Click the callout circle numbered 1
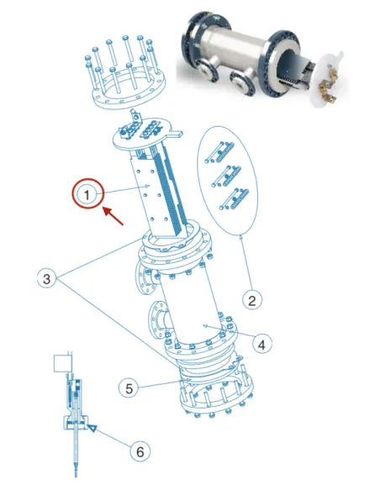[87, 195]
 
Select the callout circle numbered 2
[250, 298]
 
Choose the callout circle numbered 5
[128, 388]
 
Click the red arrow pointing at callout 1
[112, 218]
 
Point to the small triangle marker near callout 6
[92, 430]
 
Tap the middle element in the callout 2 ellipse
[223, 174]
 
